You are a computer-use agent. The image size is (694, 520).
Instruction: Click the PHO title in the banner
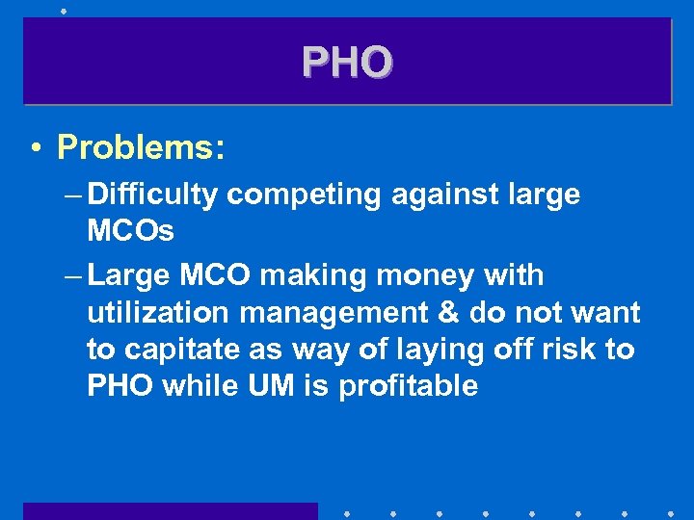(347, 63)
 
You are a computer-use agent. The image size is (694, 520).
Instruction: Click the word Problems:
(141, 147)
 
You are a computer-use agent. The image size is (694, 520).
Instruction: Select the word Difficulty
(152, 195)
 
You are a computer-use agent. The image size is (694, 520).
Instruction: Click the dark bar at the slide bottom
(170, 510)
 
